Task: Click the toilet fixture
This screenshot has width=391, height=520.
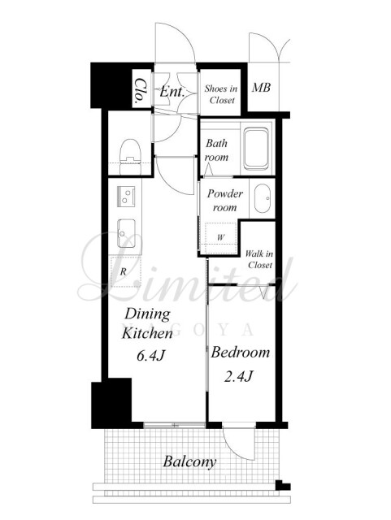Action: (x=130, y=156)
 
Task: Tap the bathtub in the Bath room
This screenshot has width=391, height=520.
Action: (x=255, y=149)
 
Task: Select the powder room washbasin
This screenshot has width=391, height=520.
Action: (x=263, y=198)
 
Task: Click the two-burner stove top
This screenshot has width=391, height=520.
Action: (x=126, y=196)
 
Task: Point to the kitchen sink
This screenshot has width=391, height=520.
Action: (x=126, y=233)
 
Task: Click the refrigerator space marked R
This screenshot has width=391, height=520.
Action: (x=126, y=272)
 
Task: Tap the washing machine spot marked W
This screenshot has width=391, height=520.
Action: (x=221, y=237)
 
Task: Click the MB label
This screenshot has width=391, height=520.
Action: (x=261, y=88)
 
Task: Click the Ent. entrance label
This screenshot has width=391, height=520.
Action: (x=172, y=92)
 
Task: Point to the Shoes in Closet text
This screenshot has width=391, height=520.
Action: (x=221, y=94)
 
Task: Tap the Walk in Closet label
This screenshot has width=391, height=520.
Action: (x=259, y=259)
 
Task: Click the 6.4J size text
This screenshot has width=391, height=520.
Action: (x=151, y=356)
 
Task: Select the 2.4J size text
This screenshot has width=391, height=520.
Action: (x=239, y=376)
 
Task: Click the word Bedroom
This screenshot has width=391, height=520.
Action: (x=241, y=352)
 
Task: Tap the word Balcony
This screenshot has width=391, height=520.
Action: (x=189, y=462)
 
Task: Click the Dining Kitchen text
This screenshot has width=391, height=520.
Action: (x=147, y=323)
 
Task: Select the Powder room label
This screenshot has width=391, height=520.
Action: (x=225, y=201)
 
